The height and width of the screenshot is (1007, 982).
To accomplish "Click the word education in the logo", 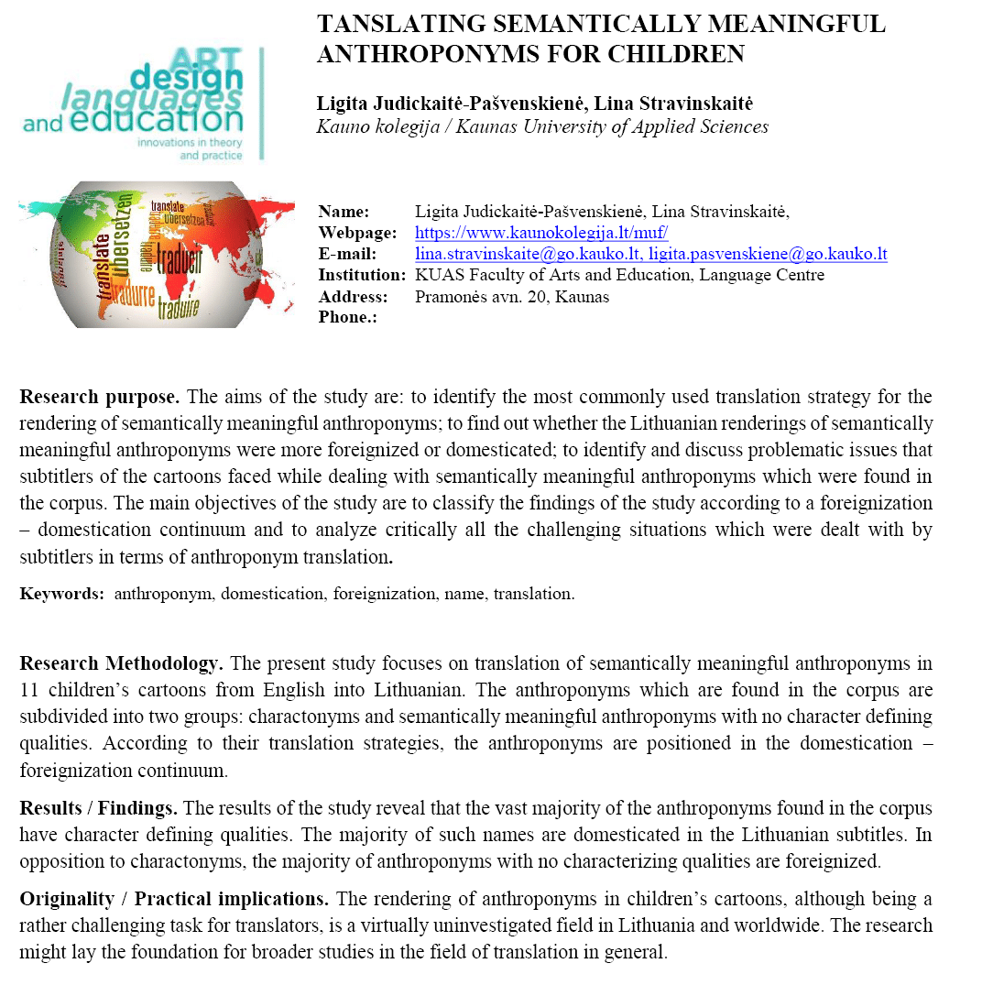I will pyautogui.click(x=175, y=121).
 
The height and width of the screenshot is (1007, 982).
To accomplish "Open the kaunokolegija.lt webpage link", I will pyautogui.click(x=541, y=233).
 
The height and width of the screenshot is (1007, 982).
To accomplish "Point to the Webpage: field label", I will pyautogui.click(x=357, y=233).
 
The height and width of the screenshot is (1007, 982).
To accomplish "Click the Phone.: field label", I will pyautogui.click(x=347, y=317).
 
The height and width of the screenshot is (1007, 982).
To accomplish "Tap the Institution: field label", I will pyautogui.click(x=362, y=275).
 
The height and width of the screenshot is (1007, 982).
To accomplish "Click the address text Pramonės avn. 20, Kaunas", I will pyautogui.click(x=512, y=296).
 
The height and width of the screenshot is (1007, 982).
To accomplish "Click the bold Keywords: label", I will pyautogui.click(x=62, y=594).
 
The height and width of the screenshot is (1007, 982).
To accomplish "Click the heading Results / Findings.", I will pyautogui.click(x=99, y=808).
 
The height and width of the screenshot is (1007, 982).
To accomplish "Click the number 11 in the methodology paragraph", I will pyautogui.click(x=28, y=689).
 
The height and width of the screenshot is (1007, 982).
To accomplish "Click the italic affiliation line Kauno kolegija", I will pyautogui.click(x=542, y=127).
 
